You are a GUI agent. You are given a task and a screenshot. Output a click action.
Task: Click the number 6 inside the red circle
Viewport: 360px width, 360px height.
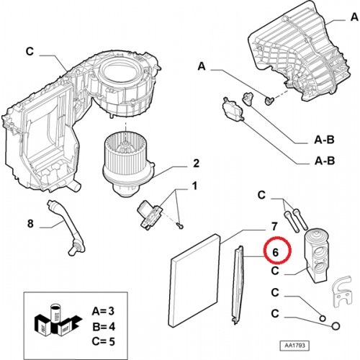[275, 252]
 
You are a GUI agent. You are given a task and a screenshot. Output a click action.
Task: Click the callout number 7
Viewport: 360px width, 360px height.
[274, 226]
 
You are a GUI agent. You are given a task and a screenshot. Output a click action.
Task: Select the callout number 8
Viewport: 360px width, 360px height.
[30, 224]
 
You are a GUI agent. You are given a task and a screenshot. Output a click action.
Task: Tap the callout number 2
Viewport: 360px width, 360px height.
[196, 163]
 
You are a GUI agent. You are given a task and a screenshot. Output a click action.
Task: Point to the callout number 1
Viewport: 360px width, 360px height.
[194, 186]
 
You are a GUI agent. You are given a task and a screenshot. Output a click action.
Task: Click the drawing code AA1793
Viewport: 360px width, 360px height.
[294, 346]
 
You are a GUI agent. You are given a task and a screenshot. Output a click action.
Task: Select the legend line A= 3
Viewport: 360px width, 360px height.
[103, 311]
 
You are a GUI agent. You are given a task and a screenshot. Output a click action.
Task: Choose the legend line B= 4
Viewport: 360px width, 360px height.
[104, 327]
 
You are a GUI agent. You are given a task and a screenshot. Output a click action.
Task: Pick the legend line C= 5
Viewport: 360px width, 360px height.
[104, 341]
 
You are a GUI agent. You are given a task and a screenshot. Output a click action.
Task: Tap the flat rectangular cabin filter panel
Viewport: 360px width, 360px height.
[195, 280]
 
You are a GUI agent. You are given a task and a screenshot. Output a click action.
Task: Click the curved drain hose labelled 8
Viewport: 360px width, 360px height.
[66, 227]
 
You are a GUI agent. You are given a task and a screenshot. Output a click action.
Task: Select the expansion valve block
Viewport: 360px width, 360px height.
[316, 256]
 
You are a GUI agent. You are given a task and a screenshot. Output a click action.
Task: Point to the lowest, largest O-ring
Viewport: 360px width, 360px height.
[336, 326]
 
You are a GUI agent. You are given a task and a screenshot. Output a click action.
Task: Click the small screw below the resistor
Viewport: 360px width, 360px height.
[181, 225]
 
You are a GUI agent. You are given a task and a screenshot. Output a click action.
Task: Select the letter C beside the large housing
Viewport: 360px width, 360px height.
[30, 52]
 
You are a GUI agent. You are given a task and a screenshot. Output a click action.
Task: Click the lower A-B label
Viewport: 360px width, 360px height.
[325, 161]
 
